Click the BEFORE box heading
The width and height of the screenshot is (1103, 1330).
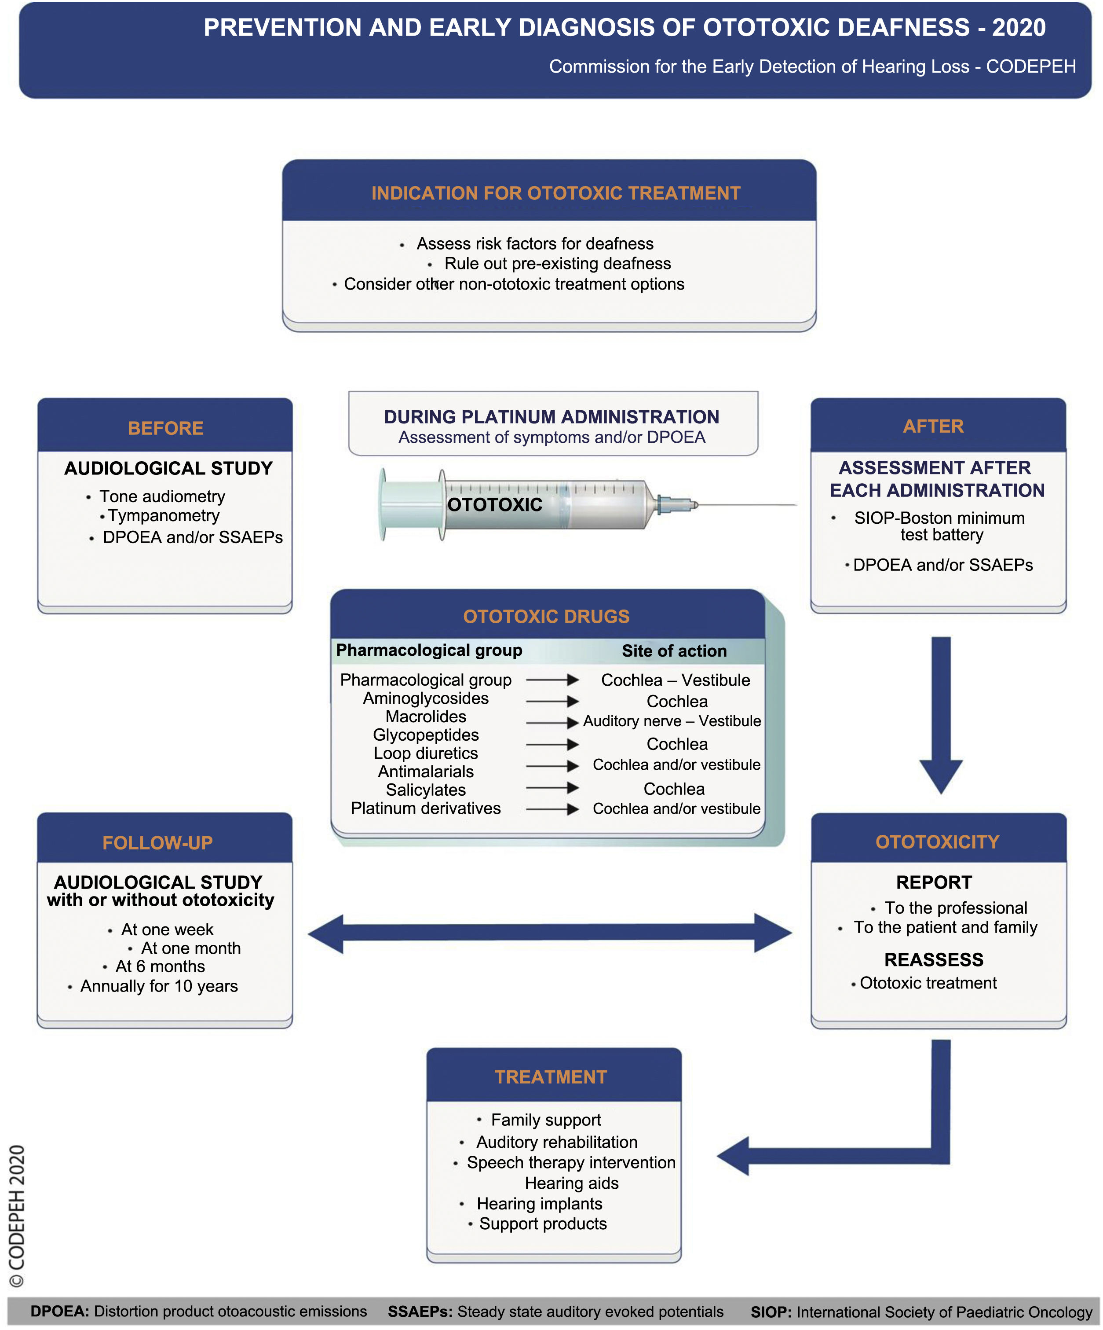tap(165, 428)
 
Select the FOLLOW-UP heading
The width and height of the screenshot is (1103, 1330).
tap(157, 842)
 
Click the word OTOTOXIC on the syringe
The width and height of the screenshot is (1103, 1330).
tap(494, 505)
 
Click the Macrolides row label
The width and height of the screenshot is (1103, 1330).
tap(426, 716)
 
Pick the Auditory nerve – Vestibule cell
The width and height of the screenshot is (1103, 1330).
tap(672, 721)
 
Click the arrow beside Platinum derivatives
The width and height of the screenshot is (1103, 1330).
tap(552, 809)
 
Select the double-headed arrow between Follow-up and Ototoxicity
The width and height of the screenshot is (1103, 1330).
tap(549, 933)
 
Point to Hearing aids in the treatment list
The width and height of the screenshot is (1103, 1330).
tap(571, 1183)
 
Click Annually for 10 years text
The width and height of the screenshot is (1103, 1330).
tap(159, 986)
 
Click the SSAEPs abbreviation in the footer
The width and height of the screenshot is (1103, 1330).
tap(420, 1311)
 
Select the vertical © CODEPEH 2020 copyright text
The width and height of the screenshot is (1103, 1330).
tap(17, 1216)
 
